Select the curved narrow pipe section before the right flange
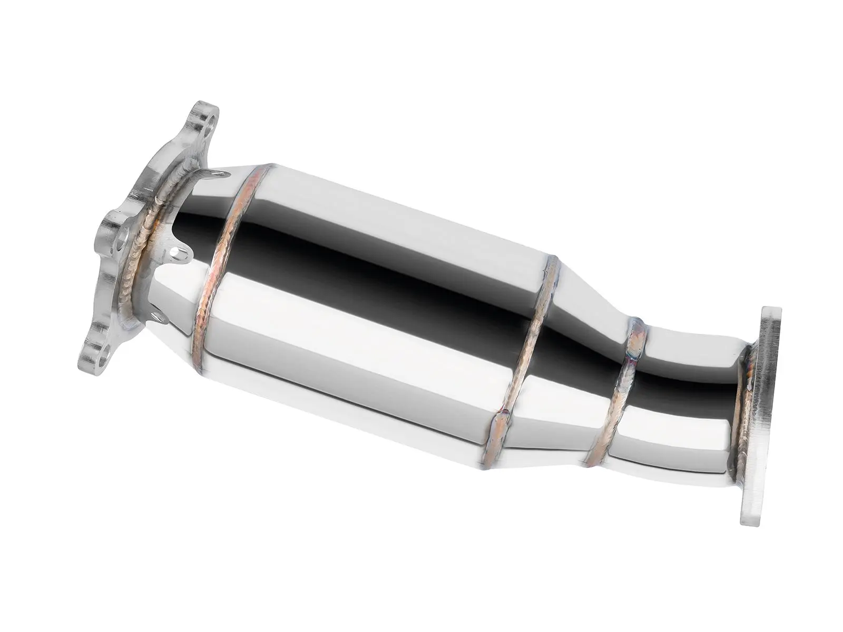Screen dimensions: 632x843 tap(685, 390)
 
